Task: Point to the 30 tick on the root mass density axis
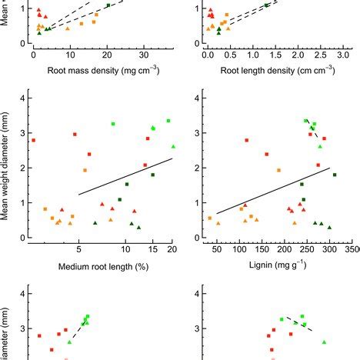pyautogui.click(x=144, y=56)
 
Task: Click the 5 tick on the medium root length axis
pyautogui.click(x=78, y=251)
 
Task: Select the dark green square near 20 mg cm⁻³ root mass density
pyautogui.click(x=108, y=5)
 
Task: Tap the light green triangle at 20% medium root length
pyautogui.click(x=173, y=146)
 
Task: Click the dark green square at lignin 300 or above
pyautogui.click(x=335, y=175)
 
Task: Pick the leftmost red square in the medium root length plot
pyautogui.click(x=33, y=140)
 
